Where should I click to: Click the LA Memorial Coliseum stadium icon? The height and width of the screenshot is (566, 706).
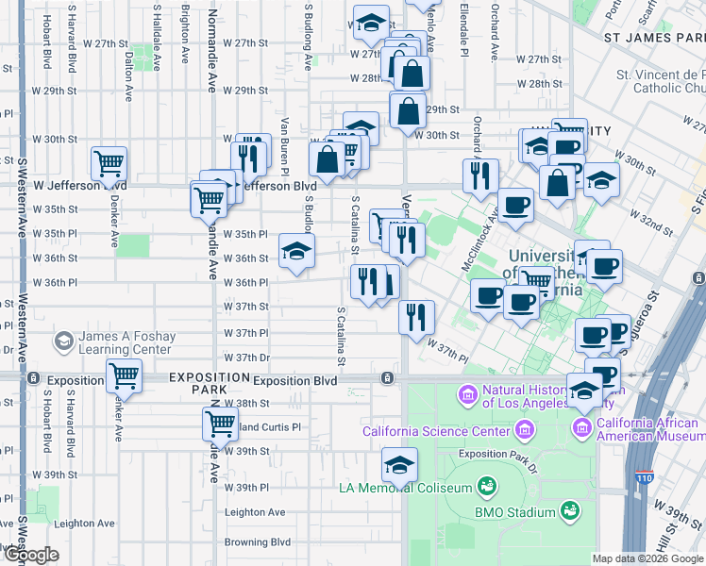486,486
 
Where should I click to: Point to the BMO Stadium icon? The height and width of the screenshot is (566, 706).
569,511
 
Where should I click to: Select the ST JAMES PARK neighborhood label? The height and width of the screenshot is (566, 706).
654,37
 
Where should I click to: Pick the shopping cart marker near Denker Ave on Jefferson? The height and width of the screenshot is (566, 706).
109,163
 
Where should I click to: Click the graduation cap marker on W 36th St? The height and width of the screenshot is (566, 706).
296,252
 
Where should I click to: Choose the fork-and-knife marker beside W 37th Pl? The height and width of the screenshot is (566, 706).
415,316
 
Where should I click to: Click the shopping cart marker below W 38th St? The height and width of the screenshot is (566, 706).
220,424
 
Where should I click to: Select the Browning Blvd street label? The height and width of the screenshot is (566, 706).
257,542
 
